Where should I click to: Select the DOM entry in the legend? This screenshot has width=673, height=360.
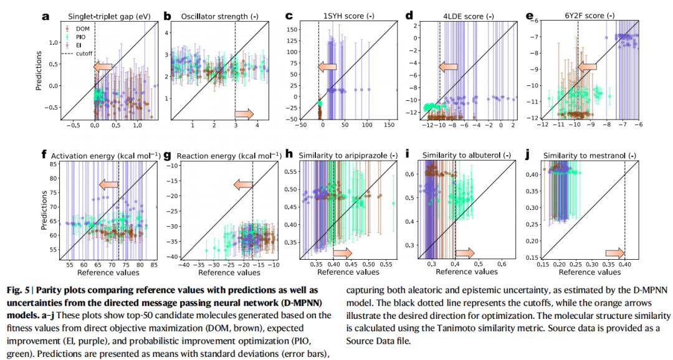(x=79, y=28)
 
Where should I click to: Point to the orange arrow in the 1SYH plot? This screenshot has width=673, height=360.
(x=327, y=67)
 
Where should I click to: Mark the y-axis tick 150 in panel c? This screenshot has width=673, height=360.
(x=290, y=29)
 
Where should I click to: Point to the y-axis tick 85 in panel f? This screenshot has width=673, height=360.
(x=53, y=164)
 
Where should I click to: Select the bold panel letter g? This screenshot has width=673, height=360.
(x=166, y=154)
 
